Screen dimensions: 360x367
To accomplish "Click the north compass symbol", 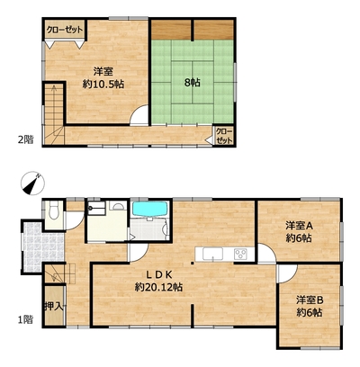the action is tap(32, 183).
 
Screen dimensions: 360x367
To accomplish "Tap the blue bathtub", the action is tap(149, 209).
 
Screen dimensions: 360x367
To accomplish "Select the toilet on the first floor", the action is tap(54, 210).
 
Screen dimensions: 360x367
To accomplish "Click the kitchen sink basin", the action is tap(212, 255).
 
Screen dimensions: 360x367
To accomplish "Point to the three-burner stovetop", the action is tap(240, 255).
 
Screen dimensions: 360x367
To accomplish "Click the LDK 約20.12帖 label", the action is tap(158, 281).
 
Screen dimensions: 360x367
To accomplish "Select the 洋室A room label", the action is tap(299, 231).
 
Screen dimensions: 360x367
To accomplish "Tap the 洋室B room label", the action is tap(310, 306).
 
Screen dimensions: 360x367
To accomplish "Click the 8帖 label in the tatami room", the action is tap(192, 83).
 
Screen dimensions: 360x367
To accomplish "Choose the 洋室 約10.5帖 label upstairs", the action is tap(103, 77).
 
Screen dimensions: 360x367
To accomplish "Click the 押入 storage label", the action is tap(53, 306).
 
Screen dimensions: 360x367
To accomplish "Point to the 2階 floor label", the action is tap(25, 139).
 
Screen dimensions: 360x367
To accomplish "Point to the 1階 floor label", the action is tap(25, 320).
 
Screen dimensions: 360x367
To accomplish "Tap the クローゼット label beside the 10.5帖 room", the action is tap(65, 30).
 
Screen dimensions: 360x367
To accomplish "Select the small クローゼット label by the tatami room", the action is tap(224, 136).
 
